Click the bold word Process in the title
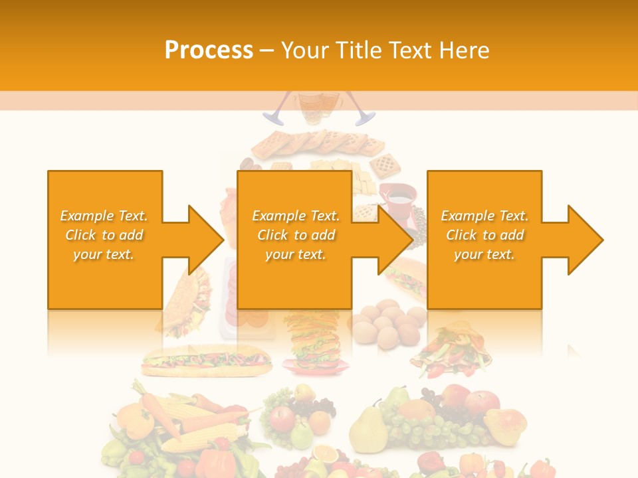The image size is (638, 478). point(209,50)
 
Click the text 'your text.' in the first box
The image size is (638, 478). point(104,254)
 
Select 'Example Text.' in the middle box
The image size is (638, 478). point(296,216)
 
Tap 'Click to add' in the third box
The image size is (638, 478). point(485,235)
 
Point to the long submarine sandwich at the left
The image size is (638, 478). point(206,362)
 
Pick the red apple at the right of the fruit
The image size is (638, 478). point(482,401)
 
